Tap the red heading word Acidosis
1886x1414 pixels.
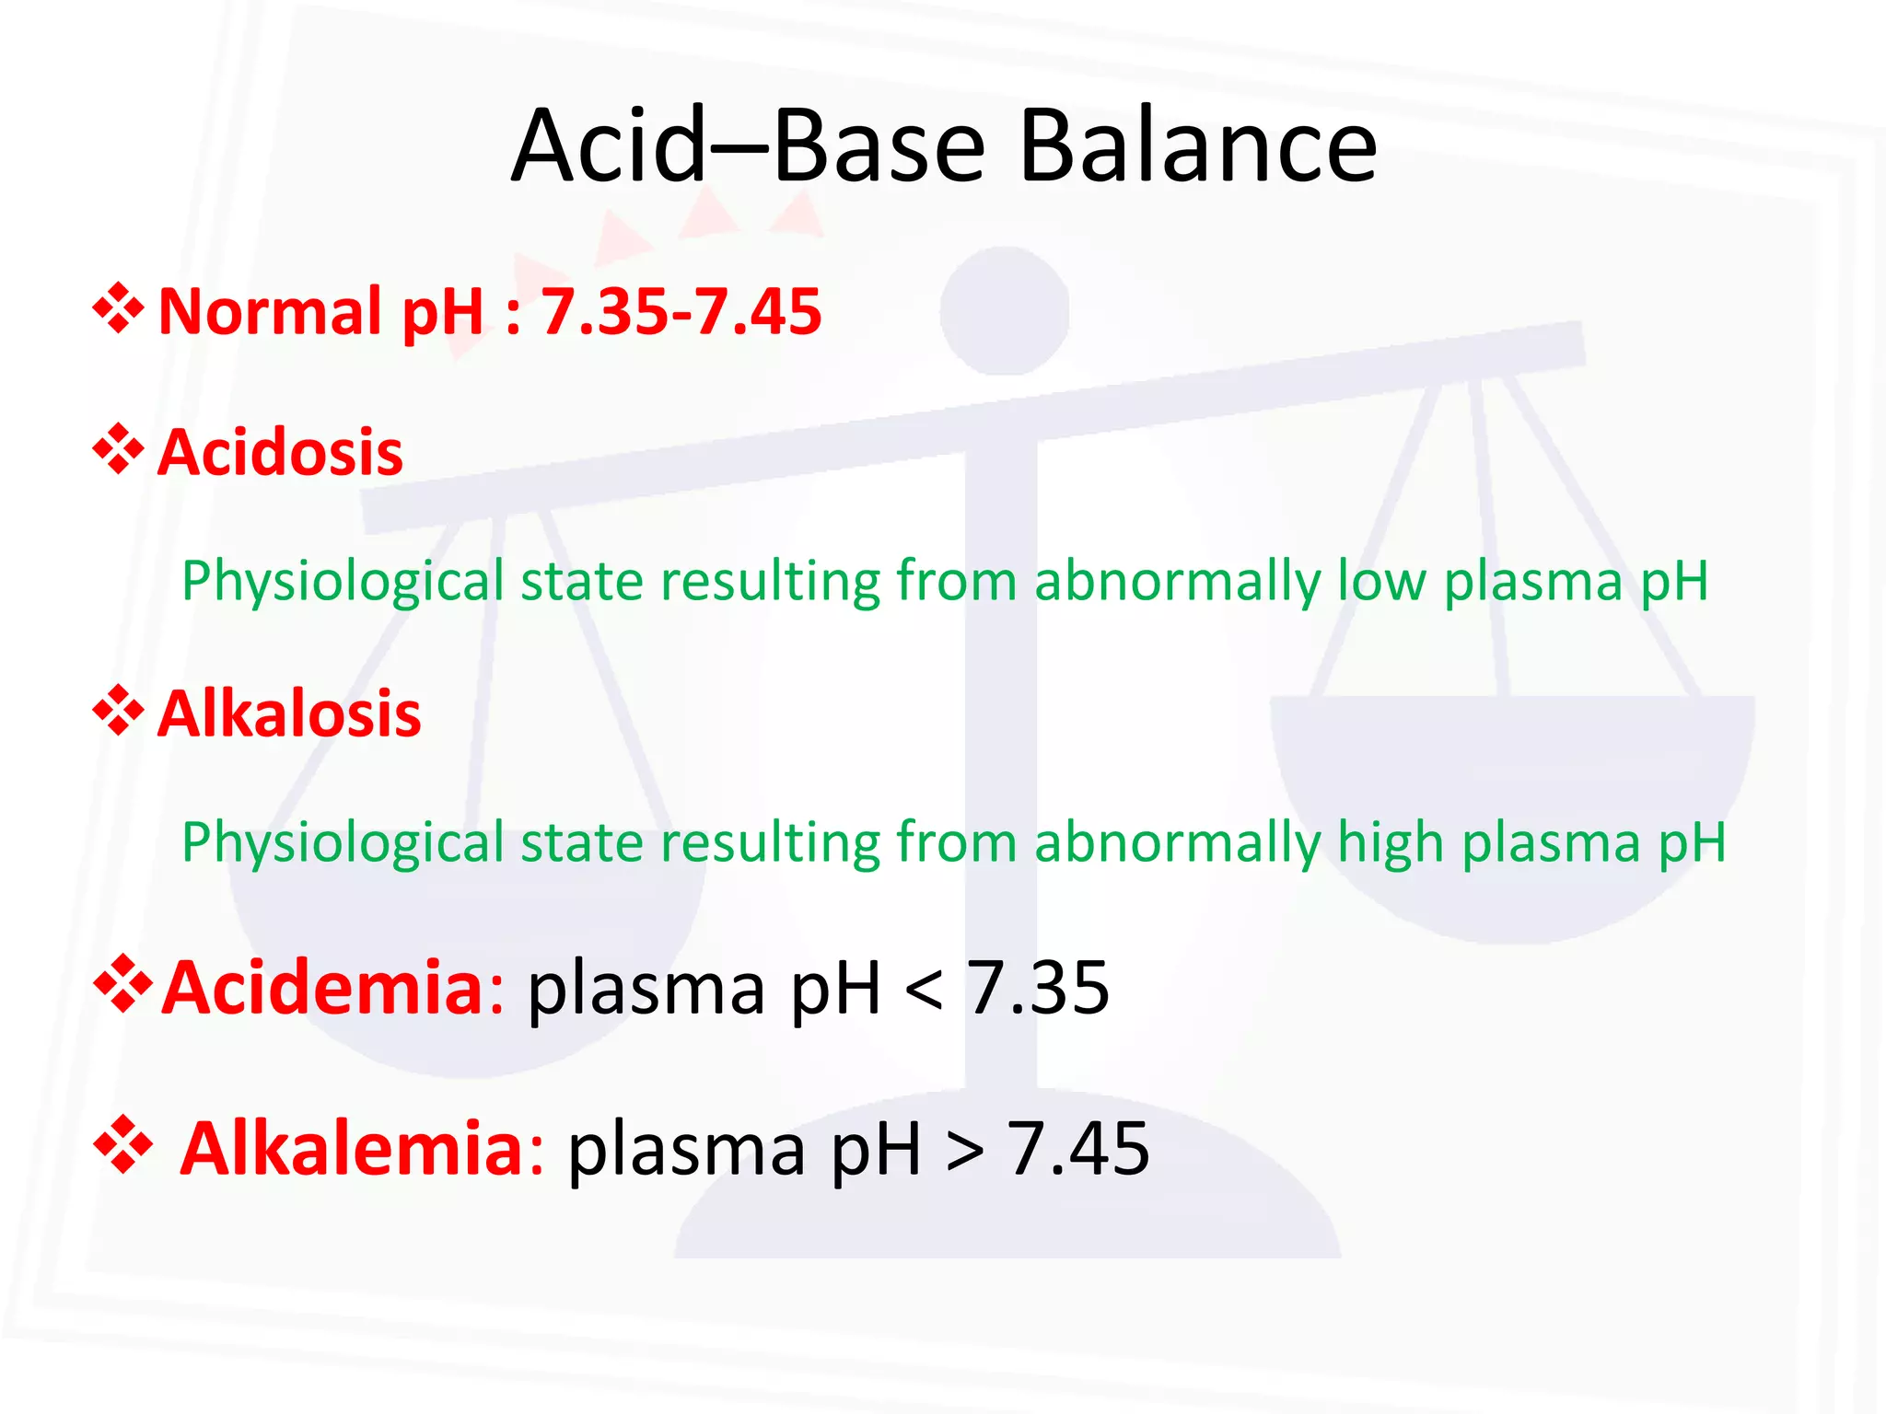pyautogui.click(x=280, y=453)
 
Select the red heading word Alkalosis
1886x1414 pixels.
pyautogui.click(x=289, y=714)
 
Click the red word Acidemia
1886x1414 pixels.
pyautogui.click(x=323, y=988)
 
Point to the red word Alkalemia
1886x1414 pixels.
pyautogui.click(x=353, y=1149)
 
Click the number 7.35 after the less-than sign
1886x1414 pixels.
pyautogui.click(x=1037, y=988)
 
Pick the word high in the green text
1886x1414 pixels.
pyautogui.click(x=1390, y=843)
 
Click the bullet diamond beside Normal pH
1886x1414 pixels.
pyautogui.click(x=119, y=308)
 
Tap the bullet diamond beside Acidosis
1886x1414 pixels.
pyautogui.click(x=119, y=450)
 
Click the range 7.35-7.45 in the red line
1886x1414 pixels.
pyautogui.click(x=681, y=311)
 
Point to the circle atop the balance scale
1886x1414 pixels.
pyautogui.click(x=1005, y=310)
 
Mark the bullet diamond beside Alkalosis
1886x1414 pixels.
pyautogui.click(x=119, y=711)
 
